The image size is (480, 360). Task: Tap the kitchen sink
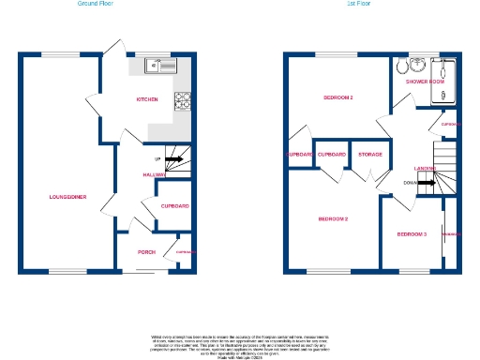(162, 66)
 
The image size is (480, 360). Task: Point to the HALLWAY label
(155, 174)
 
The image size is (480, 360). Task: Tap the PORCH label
(146, 251)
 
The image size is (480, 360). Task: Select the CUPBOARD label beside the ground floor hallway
(174, 205)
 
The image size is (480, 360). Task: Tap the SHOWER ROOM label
(423, 82)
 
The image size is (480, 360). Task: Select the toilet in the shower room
(400, 66)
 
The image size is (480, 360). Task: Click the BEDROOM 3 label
(412, 233)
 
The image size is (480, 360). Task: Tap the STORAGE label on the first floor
(370, 154)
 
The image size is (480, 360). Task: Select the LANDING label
(426, 169)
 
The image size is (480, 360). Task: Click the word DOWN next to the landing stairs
(409, 184)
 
